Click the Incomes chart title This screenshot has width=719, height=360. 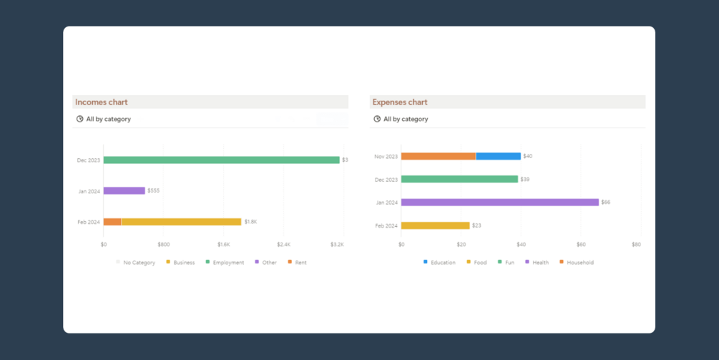pos(101,102)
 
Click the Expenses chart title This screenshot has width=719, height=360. pos(399,102)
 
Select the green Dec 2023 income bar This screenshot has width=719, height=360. pos(221,160)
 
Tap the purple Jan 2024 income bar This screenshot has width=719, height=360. pos(124,191)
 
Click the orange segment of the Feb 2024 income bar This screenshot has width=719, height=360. pos(112,222)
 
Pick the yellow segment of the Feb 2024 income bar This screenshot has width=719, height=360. pos(181,222)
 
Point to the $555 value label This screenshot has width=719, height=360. pos(153,191)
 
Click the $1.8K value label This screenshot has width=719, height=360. pos(250,222)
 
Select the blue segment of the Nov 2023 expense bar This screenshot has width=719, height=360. pos(498,156)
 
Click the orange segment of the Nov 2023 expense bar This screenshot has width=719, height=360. pos(438,156)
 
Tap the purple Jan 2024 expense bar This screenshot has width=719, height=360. pos(499,203)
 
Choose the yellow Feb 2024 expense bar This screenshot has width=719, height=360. pos(435,225)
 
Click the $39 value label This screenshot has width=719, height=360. pos(525,180)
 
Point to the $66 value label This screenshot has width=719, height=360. pos(606,203)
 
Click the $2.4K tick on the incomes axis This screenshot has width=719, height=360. pos(284,245)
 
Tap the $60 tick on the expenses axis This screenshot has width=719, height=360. pos(581,245)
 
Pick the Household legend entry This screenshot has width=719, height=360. pos(579,263)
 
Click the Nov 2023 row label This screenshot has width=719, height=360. pos(386,156)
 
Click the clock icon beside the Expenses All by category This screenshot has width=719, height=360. pos(377,119)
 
